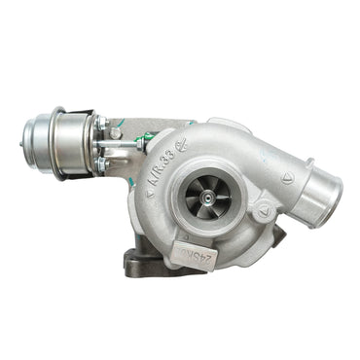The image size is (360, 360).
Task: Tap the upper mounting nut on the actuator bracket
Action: pos(100,124)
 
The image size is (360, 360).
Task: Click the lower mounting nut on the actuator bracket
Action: pos(100,165)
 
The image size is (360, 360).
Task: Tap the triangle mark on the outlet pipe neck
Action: pos(287,178)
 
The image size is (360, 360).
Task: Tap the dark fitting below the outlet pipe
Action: pos(279,236)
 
